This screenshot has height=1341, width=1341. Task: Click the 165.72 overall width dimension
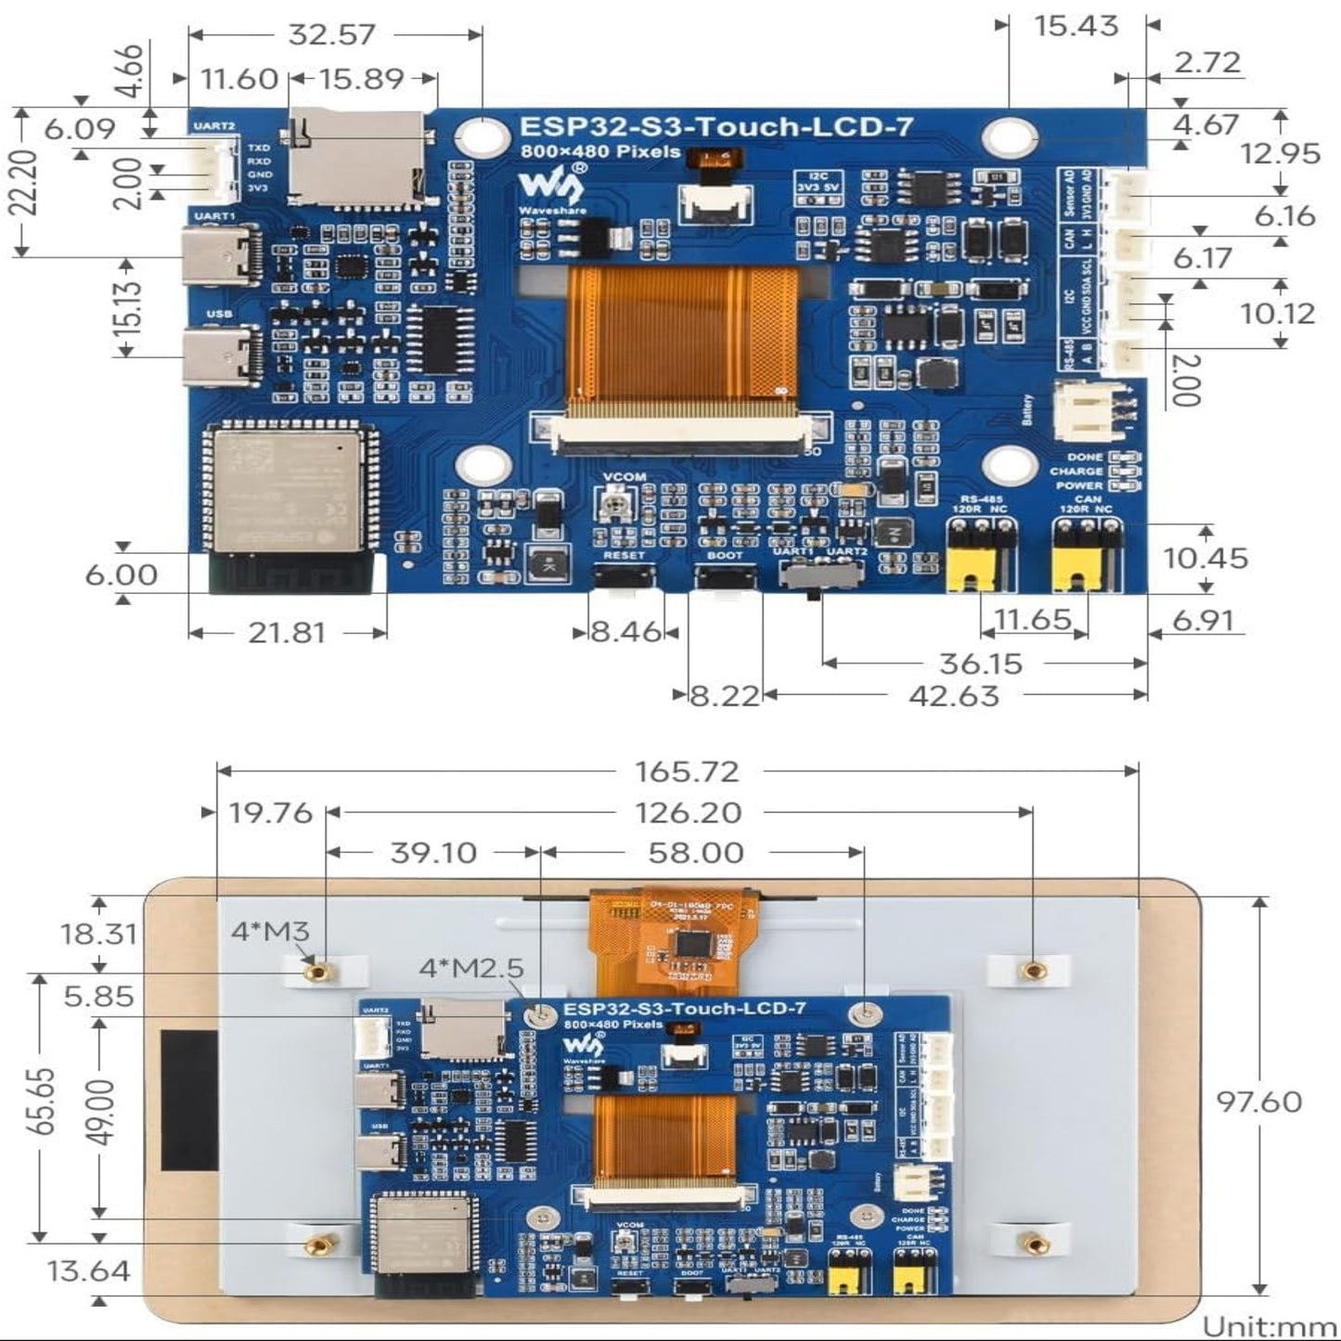(687, 771)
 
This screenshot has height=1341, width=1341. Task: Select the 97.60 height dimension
(1259, 1102)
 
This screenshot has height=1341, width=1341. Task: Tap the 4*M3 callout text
(270, 931)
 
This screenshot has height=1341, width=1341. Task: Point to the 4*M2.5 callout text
(471, 968)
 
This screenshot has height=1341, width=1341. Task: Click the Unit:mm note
(1269, 1326)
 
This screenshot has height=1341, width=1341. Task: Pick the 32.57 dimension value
(331, 34)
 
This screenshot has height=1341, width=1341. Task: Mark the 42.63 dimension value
(954, 695)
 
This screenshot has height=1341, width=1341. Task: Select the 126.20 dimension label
(688, 813)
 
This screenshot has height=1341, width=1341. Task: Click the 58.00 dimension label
(696, 853)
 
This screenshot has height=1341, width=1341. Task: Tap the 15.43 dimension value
(1077, 26)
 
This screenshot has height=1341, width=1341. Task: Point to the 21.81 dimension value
(287, 633)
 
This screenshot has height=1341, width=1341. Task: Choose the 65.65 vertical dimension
(42, 1102)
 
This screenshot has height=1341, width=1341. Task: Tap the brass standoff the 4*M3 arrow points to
(318, 971)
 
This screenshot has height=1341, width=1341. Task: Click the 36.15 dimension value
(981, 664)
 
